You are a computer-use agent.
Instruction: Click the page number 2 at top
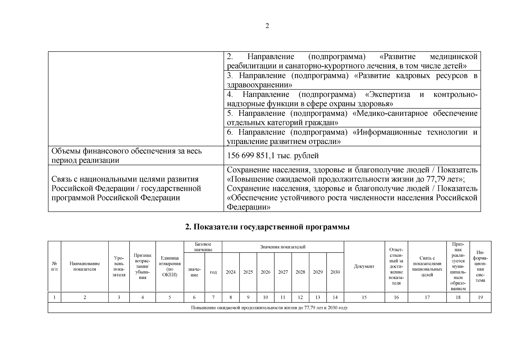coord(267,26)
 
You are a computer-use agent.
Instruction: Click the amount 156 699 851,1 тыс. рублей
coord(273,156)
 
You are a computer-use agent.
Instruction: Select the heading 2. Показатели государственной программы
coord(267,227)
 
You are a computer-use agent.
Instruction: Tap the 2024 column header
coord(231,272)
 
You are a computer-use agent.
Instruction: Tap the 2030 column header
coord(335,272)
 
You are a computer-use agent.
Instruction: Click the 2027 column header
coord(283,272)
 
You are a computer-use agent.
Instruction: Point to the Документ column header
coord(364,266)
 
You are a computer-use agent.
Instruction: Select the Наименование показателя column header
coord(85,266)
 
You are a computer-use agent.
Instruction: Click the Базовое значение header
coord(203,247)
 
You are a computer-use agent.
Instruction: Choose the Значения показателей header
coord(283,247)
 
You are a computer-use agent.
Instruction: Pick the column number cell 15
coord(364,297)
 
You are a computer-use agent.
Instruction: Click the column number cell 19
coord(480,297)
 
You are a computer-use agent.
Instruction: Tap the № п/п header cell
coord(54,266)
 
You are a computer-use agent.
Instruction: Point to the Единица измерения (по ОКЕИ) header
coord(170,266)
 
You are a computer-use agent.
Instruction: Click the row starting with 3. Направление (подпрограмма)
coord(352,80)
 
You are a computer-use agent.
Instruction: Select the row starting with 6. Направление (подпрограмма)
coord(352,137)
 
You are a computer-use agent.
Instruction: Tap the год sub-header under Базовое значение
coord(213,272)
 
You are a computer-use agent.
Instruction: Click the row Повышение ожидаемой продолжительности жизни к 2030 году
coord(269,308)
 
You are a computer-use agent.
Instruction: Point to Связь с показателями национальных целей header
coord(427,266)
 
